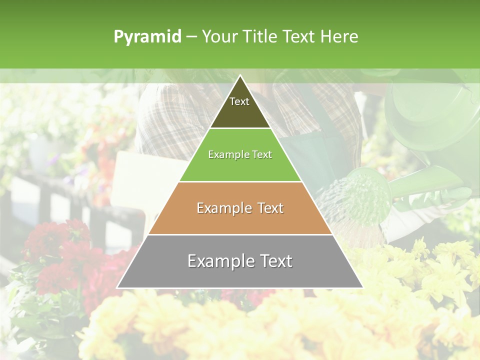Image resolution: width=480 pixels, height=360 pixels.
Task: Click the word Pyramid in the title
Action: (x=147, y=36)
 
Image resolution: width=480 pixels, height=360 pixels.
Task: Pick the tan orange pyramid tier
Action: (x=240, y=220)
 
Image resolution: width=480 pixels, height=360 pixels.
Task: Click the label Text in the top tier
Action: (x=239, y=101)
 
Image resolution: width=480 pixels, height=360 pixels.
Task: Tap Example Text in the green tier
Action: (x=240, y=154)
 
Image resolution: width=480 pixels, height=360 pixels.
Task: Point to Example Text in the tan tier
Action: (x=240, y=208)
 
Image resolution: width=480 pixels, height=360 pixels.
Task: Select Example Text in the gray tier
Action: (x=240, y=261)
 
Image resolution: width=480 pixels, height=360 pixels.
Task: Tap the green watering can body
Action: (x=430, y=115)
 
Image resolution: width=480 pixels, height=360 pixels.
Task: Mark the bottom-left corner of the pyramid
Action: (x=117, y=287)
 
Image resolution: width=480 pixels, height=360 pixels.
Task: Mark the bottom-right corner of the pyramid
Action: (x=362, y=287)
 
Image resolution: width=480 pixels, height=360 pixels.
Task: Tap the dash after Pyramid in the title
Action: (x=191, y=36)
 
